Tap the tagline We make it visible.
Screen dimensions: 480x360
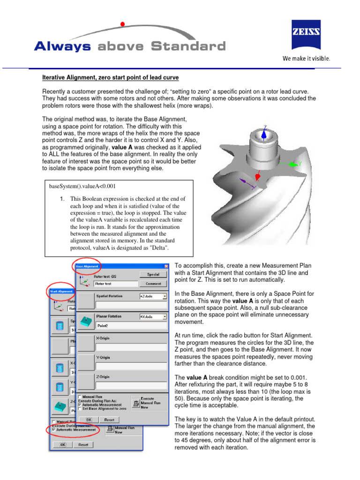tap(306, 59)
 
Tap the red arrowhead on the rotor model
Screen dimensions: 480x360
tap(257, 177)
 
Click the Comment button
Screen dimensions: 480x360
tap(153, 284)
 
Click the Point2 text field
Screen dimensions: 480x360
tap(131, 325)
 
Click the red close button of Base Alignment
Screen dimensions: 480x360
tap(165, 267)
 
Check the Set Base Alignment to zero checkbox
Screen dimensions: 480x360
tap(80, 408)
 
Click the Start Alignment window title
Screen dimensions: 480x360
tap(61, 291)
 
